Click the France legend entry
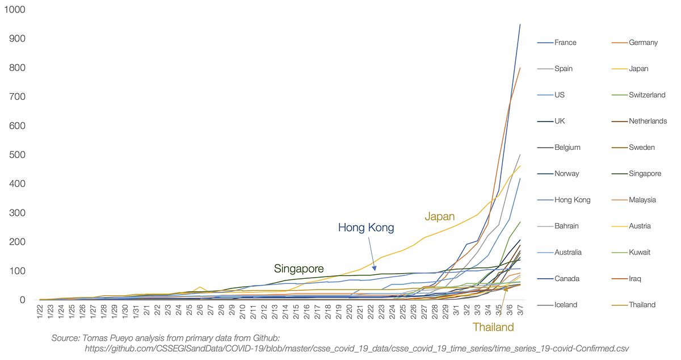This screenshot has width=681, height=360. coord(565,43)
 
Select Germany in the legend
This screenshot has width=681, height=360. coord(643,43)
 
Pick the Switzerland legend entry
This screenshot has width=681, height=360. coord(647,95)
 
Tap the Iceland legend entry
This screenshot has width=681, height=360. coord(566,304)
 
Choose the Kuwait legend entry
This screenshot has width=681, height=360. coord(640,252)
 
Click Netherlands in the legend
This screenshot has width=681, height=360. coord(648,121)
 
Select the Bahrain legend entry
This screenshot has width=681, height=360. coord(566,226)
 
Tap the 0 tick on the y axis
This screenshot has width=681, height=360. coord(22,300)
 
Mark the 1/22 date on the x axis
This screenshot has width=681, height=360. coord(40,314)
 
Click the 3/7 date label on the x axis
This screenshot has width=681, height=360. coord(520,314)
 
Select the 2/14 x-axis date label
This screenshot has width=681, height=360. coord(285,314)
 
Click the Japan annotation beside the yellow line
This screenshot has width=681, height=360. coord(440,216)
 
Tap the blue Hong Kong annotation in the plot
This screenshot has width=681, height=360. coord(365,228)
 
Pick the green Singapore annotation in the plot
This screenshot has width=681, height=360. coord(299,269)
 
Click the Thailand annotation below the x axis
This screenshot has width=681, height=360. coord(493,327)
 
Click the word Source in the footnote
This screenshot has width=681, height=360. coord(65,338)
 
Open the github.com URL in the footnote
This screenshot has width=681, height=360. coord(356,348)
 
